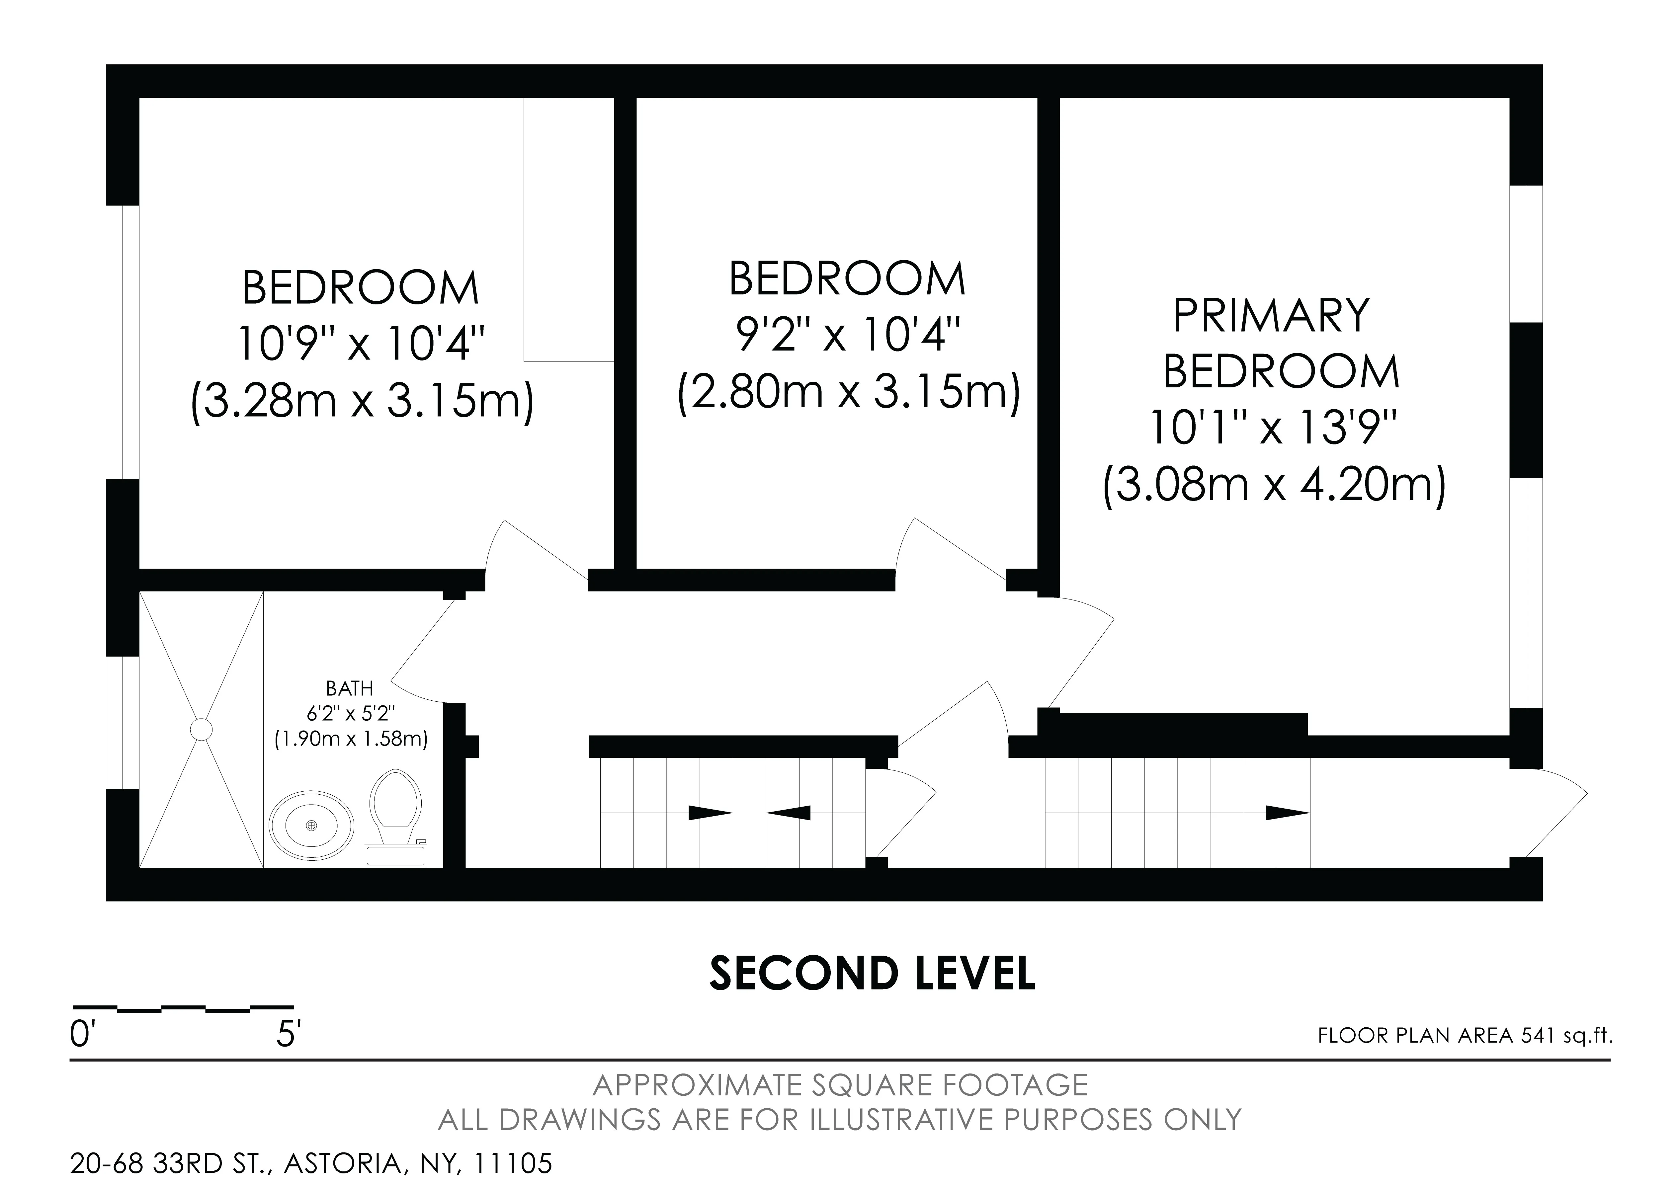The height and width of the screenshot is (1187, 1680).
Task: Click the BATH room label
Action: click(x=350, y=688)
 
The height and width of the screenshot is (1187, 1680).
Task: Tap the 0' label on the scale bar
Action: click(x=83, y=1036)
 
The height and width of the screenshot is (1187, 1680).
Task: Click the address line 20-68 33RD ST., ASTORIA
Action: click(x=311, y=1163)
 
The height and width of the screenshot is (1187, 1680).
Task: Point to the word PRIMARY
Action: click(x=1271, y=316)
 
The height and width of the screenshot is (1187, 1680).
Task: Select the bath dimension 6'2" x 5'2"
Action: click(x=351, y=713)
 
